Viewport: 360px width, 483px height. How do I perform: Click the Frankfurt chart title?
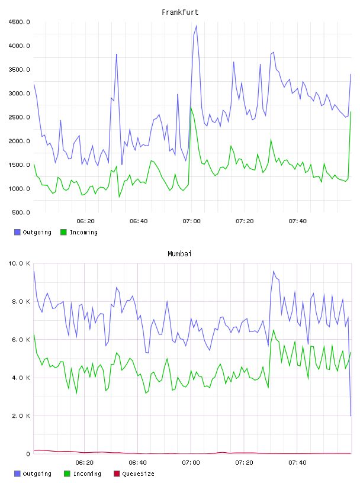[x=180, y=12]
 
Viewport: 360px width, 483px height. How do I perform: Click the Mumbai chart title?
[x=179, y=254]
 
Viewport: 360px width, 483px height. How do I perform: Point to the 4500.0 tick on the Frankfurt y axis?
[x=19, y=22]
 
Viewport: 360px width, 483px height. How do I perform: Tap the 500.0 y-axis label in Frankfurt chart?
[x=21, y=212]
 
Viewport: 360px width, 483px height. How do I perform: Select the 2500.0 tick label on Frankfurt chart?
[x=19, y=117]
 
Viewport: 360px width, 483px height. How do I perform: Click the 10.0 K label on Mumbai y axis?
[x=19, y=263]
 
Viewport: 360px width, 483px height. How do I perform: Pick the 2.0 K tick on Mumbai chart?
[x=21, y=416]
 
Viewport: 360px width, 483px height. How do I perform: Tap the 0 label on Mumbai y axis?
[x=28, y=454]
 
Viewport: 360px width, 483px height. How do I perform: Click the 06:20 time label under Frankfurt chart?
[x=85, y=221]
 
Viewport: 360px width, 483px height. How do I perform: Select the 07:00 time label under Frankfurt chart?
[x=191, y=221]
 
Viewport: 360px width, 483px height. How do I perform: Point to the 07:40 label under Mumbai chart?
[x=297, y=463]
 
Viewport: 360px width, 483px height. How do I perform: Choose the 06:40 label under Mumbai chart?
[x=138, y=463]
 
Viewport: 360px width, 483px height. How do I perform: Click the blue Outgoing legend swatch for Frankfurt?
[x=17, y=232]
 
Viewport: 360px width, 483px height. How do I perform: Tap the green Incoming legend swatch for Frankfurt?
[x=63, y=232]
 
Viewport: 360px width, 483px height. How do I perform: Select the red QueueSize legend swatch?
[x=117, y=474]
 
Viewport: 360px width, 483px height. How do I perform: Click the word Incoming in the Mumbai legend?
[x=87, y=474]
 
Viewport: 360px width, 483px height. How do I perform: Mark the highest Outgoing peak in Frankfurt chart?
[x=197, y=26]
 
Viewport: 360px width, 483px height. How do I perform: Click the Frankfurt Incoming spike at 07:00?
[x=191, y=108]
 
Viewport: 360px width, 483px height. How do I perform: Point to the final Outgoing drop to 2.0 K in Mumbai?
[x=351, y=416]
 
